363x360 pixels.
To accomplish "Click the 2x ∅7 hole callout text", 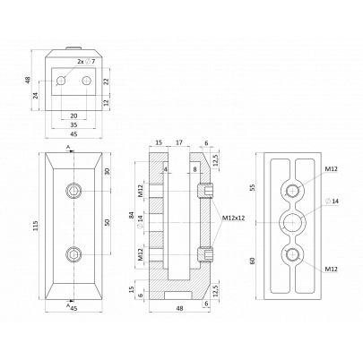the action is [86, 62].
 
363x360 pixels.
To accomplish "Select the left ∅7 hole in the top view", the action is [61, 81].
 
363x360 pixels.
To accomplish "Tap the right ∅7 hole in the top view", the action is [87, 81].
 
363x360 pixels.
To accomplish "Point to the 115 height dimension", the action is [36, 226].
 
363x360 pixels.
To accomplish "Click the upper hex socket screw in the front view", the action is [73, 191].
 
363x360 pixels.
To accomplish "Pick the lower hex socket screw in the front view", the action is [73, 254].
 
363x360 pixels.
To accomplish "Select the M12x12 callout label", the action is [233, 218].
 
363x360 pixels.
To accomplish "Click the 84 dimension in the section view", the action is [132, 216].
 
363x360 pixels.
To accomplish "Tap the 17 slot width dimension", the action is [179, 142].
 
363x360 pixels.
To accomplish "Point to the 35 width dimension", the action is [73, 124].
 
